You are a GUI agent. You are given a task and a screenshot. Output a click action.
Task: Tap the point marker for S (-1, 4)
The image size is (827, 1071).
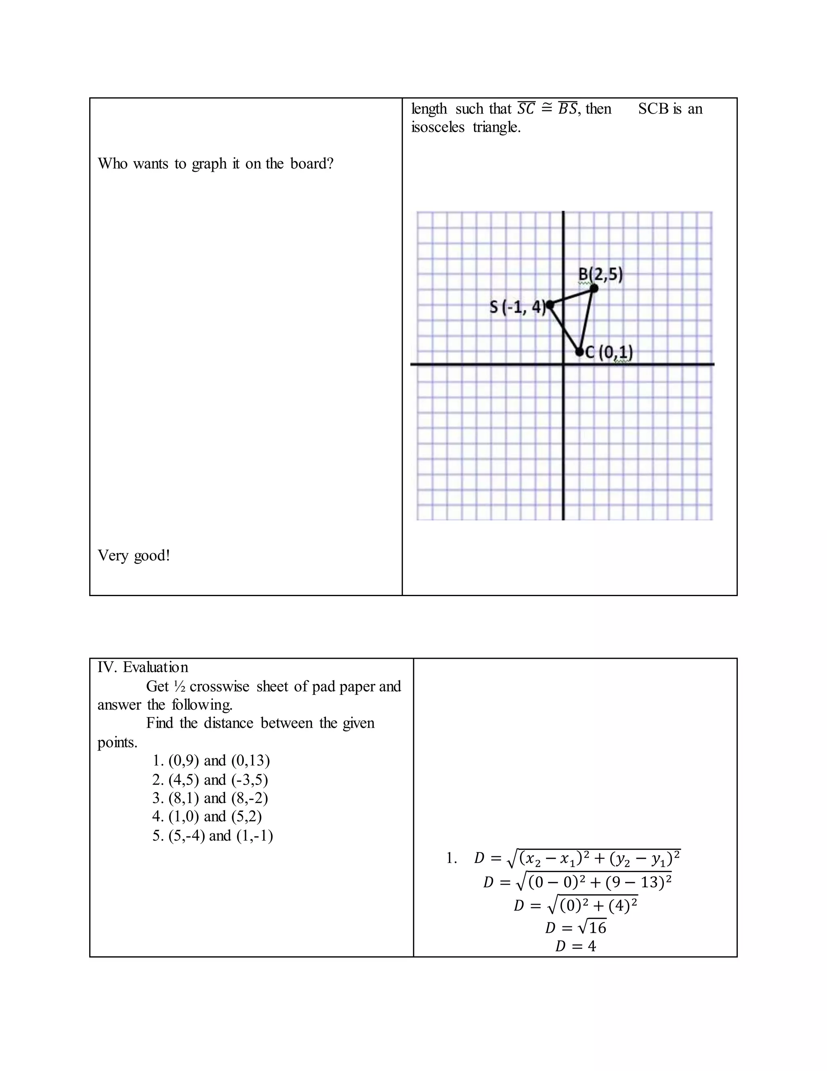550,305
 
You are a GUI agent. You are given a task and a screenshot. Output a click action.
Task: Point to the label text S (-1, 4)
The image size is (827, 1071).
517,308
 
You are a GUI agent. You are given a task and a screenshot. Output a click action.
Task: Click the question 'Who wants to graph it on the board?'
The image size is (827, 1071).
216,163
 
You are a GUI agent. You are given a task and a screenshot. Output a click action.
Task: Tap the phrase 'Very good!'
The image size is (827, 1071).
134,555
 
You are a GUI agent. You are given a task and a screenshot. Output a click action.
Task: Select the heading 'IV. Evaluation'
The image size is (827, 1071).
143,667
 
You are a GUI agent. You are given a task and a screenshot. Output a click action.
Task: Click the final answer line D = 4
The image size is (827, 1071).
576,946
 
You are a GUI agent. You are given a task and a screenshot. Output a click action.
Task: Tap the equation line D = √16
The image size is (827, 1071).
576,927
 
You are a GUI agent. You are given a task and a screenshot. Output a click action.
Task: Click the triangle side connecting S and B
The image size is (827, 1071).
572,297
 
